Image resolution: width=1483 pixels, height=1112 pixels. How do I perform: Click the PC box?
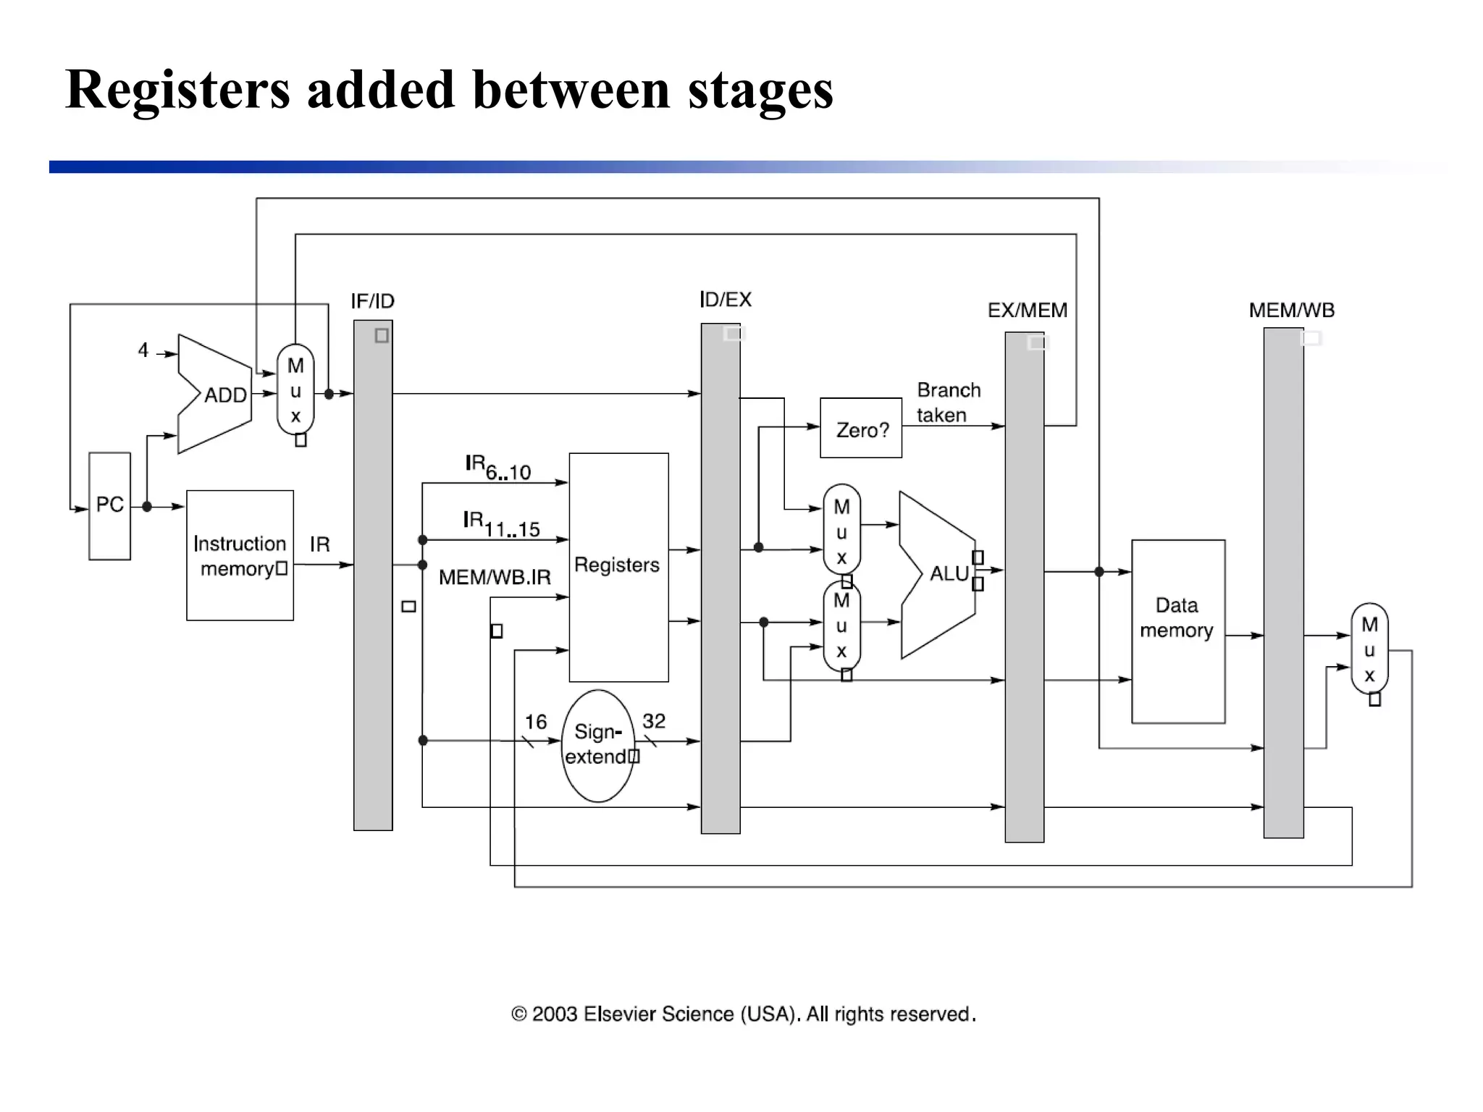(x=109, y=505)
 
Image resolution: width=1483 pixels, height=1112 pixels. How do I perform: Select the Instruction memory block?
(x=240, y=555)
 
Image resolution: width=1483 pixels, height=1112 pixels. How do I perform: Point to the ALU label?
(x=949, y=573)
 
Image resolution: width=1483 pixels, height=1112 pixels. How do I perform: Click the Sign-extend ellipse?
(x=597, y=745)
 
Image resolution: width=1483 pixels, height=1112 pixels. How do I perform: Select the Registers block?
(x=618, y=566)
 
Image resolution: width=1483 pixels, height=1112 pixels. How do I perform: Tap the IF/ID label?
(x=372, y=301)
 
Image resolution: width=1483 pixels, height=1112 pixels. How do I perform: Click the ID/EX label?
(x=726, y=300)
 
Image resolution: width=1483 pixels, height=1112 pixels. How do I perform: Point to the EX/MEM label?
(x=1027, y=311)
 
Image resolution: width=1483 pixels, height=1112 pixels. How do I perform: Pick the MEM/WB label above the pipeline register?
(x=1291, y=311)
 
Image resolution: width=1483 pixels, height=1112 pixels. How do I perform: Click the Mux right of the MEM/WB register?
(x=1369, y=649)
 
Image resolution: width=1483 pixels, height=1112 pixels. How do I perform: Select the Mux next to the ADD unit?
(x=295, y=390)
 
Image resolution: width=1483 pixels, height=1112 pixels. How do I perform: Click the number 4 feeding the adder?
(x=143, y=350)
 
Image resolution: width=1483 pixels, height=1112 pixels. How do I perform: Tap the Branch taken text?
(x=948, y=403)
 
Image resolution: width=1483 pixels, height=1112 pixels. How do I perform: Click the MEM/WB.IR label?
(x=495, y=577)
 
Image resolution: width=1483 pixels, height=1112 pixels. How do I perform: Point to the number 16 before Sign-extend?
(x=535, y=722)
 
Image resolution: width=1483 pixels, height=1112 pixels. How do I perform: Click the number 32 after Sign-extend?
(x=653, y=721)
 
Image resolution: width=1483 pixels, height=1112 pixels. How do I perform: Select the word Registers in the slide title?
(x=177, y=90)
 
